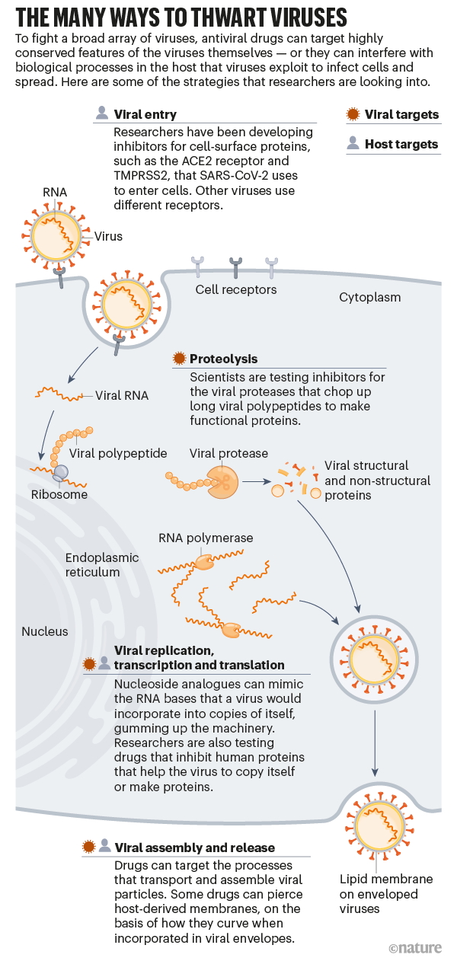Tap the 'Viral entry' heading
pyautogui.click(x=145, y=115)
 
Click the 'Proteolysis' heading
pyautogui.click(x=223, y=359)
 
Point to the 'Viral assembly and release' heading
pyautogui.click(x=194, y=847)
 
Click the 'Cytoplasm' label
pyautogui.click(x=369, y=297)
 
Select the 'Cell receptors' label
pyautogui.click(x=236, y=289)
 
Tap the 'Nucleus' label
pyautogui.click(x=44, y=631)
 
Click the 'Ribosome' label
pyautogui.click(x=59, y=494)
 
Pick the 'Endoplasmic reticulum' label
pyautogui.click(x=102, y=564)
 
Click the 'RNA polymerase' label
pyautogui.click(x=206, y=538)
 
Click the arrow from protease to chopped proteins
pyautogui.click(x=256, y=482)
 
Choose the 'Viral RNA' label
pyautogui.click(x=122, y=396)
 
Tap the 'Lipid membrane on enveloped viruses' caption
pyautogui.click(x=385, y=894)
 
